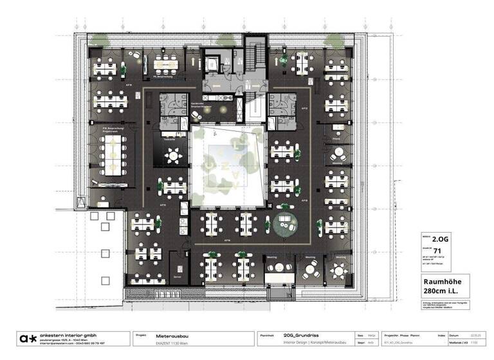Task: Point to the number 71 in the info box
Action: (437, 250)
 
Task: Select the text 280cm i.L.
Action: (439, 291)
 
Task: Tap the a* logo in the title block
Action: (27, 339)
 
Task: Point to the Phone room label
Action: (336, 138)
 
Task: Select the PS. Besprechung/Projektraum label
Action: (113, 130)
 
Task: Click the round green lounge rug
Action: (284, 224)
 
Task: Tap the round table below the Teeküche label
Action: (173, 156)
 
